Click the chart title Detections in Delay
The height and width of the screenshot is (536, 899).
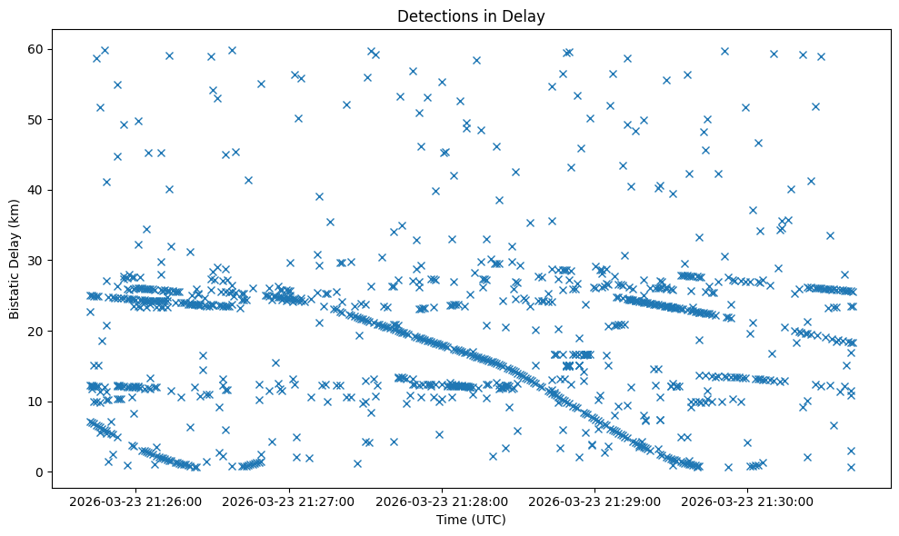pyautogui.click(x=471, y=15)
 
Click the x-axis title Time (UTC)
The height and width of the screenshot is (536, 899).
pyautogui.click(x=471, y=520)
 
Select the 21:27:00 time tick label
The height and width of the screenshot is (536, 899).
pyautogui.click(x=289, y=501)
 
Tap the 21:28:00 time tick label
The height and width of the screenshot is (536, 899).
pyautogui.click(x=442, y=501)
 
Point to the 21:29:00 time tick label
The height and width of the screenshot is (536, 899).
pyautogui.click(x=594, y=501)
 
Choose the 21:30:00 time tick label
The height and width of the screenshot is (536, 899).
pyautogui.click(x=747, y=501)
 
